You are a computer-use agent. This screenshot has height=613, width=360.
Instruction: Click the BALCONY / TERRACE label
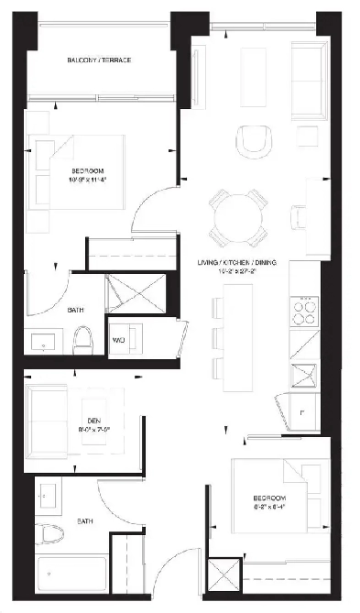pos(99,60)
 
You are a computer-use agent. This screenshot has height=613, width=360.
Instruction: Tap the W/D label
pos(120,341)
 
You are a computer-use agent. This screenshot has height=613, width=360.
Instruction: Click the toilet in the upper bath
pos(83,341)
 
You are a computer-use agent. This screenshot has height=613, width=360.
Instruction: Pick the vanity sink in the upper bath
pos(44,343)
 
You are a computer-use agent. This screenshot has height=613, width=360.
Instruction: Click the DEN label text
pos(88,423)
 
